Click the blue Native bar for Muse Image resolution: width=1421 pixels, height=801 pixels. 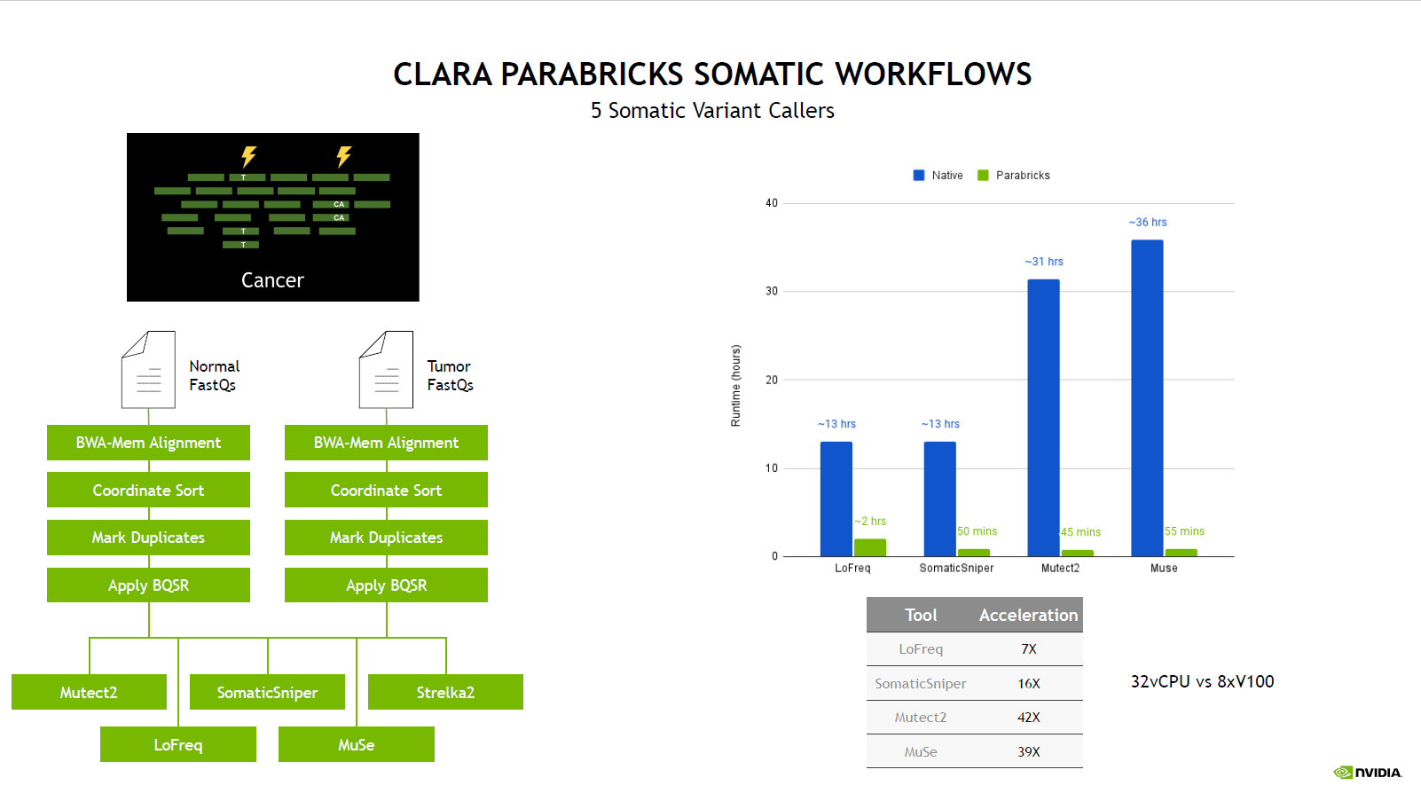[1147, 398]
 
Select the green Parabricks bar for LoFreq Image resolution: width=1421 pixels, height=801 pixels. [870, 548]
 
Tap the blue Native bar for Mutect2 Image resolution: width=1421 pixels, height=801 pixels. [1043, 418]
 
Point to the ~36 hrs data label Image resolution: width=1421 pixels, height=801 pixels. [1148, 222]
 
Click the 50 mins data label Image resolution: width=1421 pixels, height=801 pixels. [977, 530]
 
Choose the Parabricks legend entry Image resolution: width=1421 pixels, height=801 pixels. [1014, 175]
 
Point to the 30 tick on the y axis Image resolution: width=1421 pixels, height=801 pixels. [772, 291]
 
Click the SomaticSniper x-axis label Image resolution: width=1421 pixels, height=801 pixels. [956, 568]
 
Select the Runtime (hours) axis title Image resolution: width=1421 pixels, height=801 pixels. [736, 386]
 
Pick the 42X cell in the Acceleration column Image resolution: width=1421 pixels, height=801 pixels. [1028, 718]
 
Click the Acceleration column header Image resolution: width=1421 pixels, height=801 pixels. [1028, 615]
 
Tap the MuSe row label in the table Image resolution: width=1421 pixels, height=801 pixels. [921, 751]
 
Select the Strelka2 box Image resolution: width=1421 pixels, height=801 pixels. [445, 692]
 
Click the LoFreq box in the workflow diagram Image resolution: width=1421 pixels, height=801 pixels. [178, 744]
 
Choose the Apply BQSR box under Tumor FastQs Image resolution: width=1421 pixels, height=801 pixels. [387, 585]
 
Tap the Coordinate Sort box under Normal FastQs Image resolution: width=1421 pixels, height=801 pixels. [148, 490]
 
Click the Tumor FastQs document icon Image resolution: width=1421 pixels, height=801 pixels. [387, 370]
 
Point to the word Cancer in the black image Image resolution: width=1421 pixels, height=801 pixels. [273, 280]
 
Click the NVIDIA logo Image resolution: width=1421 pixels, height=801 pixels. [1368, 773]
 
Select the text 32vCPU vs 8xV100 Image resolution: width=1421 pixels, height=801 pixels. [1202, 682]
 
